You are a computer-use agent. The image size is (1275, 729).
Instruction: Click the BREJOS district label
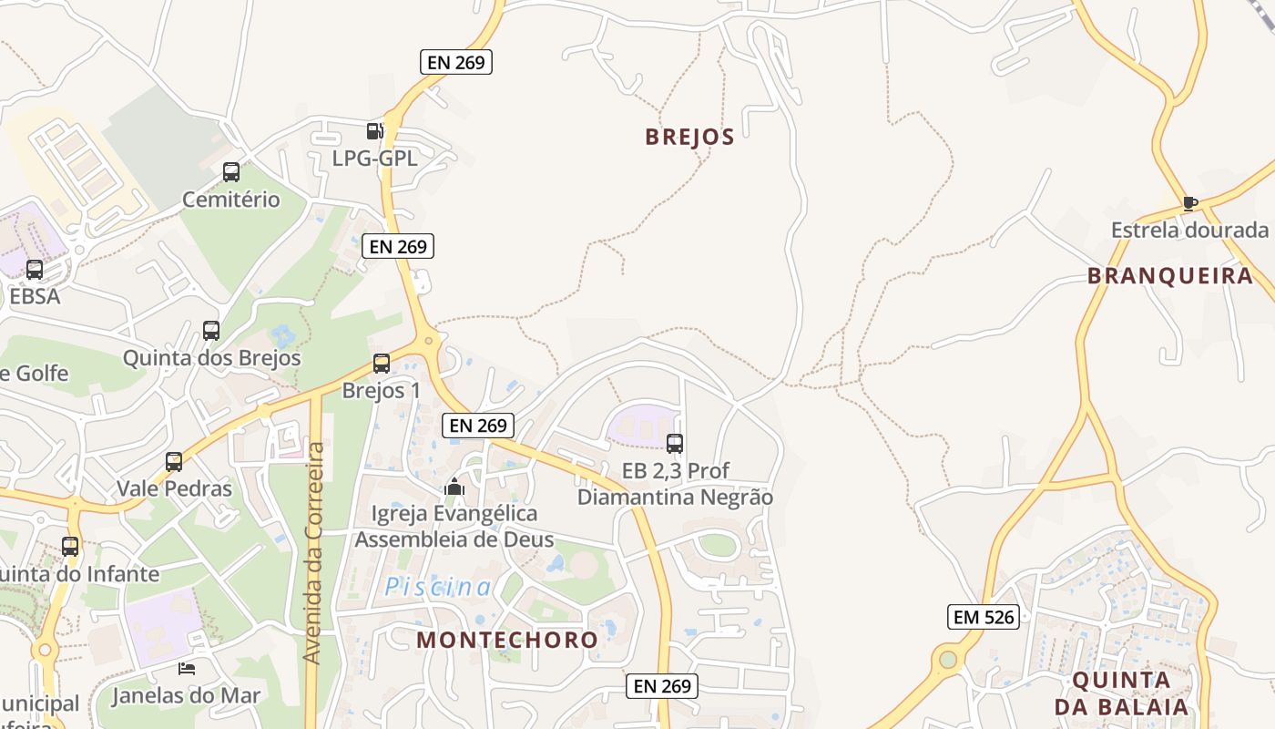[689, 137]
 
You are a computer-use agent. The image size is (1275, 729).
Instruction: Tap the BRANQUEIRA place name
[1170, 276]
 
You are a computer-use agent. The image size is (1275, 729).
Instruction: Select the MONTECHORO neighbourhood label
[507, 640]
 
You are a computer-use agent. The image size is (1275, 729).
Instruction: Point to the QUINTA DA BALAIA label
[1122, 693]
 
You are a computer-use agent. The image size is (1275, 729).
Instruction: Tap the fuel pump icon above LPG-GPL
[373, 131]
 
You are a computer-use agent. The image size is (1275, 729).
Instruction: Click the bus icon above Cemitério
[231, 171]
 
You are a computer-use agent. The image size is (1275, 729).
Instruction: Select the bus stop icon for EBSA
[35, 270]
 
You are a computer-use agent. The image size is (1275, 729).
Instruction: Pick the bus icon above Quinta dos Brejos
[211, 331]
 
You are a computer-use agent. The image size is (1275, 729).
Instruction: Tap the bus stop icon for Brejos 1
[382, 364]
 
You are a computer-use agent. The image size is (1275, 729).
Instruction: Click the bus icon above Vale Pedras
[174, 462]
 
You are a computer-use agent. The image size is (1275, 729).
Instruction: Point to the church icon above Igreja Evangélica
[454, 488]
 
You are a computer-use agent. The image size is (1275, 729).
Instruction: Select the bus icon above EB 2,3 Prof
[675, 444]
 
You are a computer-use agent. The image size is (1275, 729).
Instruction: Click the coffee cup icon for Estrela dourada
[1189, 203]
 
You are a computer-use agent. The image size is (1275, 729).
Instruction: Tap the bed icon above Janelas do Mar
[186, 669]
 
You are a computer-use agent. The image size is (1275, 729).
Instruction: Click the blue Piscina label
[437, 588]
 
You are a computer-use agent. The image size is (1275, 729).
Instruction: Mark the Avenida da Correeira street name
[313, 553]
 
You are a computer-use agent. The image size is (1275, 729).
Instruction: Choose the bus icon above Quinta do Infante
[70, 547]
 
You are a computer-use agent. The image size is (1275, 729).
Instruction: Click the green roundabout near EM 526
[949, 658]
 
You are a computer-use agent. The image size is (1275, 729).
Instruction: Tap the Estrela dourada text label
[1189, 230]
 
